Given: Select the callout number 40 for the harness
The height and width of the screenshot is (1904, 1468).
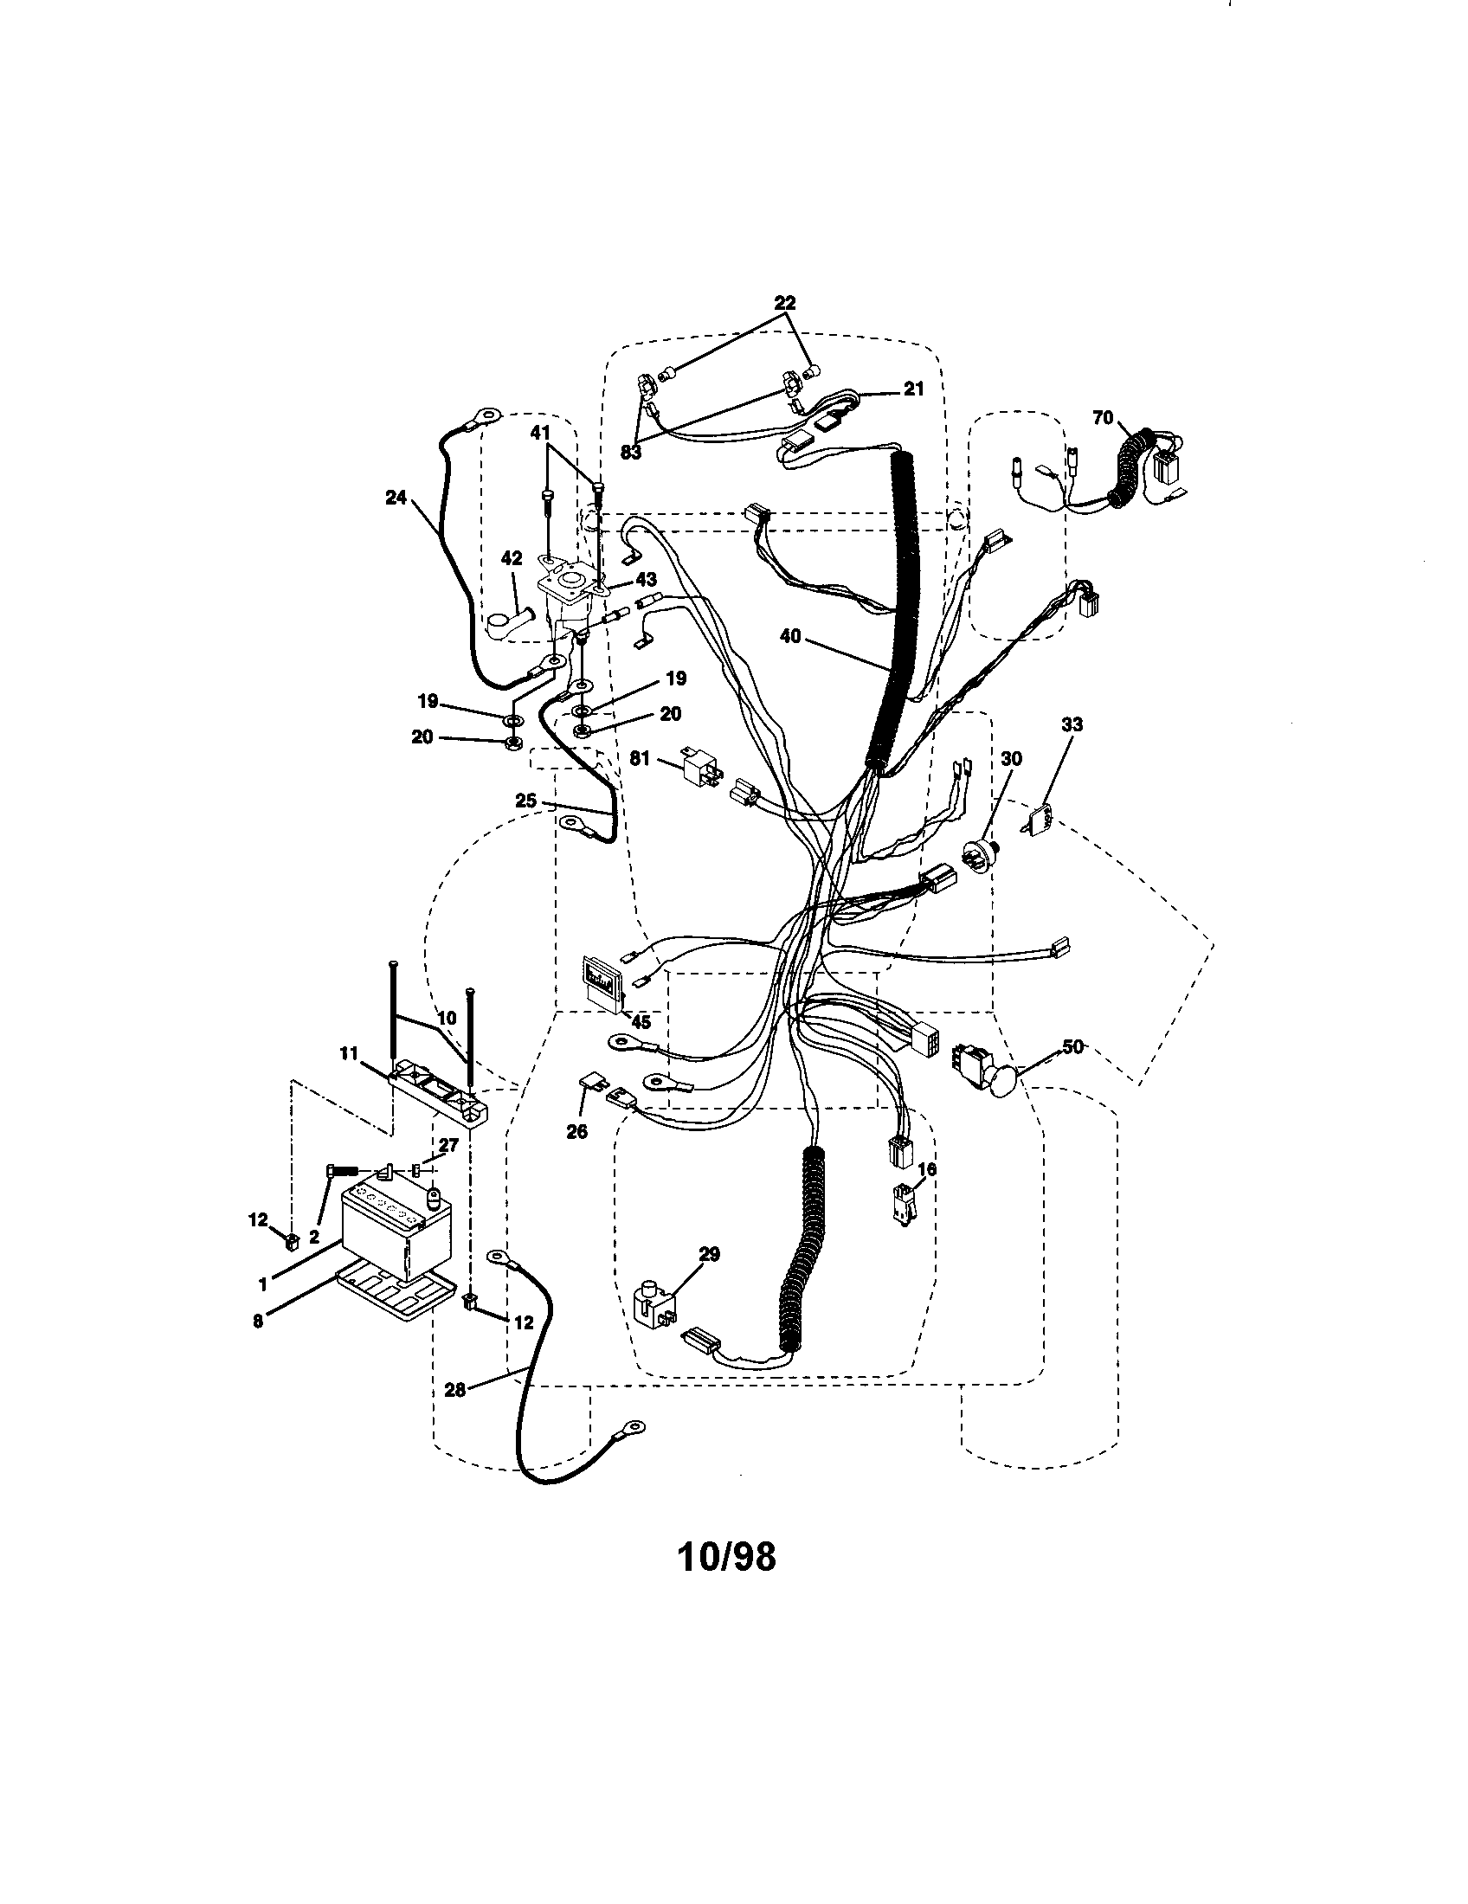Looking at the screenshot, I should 789,637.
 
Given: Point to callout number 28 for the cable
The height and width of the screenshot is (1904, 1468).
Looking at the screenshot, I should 454,1390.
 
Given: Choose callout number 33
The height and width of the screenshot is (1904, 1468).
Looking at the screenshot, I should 1072,724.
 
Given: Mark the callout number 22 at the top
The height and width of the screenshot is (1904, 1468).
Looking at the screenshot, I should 784,304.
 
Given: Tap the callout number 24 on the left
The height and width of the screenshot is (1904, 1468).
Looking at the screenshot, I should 396,497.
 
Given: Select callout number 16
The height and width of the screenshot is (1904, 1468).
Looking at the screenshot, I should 927,1169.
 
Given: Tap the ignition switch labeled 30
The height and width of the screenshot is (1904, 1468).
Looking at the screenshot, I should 981,852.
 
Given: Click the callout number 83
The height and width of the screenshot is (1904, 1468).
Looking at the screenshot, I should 630,453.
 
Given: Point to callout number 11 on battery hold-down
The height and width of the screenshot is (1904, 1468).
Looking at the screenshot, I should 348,1054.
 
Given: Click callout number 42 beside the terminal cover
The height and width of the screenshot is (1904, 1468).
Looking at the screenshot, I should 511,560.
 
